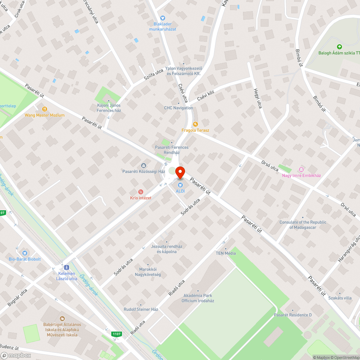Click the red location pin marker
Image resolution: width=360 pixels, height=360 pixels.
pyautogui.click(x=180, y=172)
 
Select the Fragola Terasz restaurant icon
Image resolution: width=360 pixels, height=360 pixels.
pyautogui.click(x=195, y=124)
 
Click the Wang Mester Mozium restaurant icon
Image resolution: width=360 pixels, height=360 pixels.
pyautogui.click(x=45, y=109)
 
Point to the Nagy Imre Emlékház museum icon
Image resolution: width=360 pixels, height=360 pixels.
pyautogui.click(x=301, y=170)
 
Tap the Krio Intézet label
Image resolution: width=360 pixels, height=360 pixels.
pyautogui.click(x=141, y=198)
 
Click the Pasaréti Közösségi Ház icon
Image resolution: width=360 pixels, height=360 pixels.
pyautogui.click(x=144, y=166)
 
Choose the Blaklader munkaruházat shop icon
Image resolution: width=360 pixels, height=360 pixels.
pyautogui.click(x=162, y=17)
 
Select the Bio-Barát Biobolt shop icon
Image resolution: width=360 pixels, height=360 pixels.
pyautogui.click(x=24, y=253)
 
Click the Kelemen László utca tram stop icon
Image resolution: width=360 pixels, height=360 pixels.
pyautogui.click(x=67, y=267)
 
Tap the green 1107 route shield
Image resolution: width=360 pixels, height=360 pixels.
pyautogui.click(x=116, y=334)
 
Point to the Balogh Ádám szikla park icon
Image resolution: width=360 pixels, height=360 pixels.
pyautogui.click(x=339, y=47)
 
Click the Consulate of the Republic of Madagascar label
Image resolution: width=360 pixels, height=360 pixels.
pyautogui.click(x=303, y=225)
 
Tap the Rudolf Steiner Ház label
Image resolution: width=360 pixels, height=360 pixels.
pyautogui.click(x=141, y=309)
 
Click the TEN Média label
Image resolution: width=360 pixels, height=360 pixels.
pyautogui.click(x=226, y=253)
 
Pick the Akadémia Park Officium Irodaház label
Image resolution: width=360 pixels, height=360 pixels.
pyautogui.click(x=198, y=298)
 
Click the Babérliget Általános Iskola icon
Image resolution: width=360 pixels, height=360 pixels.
pyautogui.click(x=62, y=319)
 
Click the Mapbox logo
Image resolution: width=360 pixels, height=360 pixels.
pyautogui.click(x=16, y=355)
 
